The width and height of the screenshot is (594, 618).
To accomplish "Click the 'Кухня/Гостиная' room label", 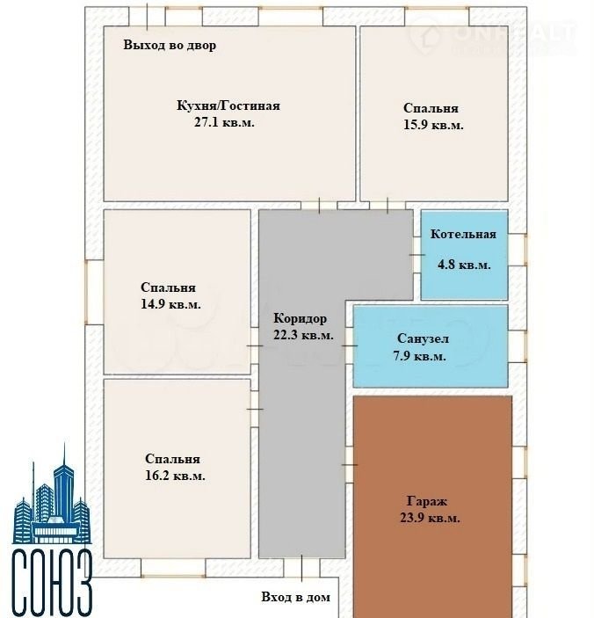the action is (228, 106).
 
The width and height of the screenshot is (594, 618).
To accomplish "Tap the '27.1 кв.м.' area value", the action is (224, 122).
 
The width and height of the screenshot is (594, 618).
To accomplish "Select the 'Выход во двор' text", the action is (170, 45).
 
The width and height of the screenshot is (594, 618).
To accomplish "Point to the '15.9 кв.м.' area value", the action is (433, 125).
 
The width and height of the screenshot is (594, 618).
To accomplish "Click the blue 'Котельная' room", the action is (465, 255).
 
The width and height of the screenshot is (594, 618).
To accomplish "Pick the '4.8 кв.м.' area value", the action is (464, 265).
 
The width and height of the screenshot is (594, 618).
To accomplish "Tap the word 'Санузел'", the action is (423, 338).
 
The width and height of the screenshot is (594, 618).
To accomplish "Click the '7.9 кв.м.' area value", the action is (419, 356).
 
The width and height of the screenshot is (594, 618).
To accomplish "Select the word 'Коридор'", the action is (301, 318).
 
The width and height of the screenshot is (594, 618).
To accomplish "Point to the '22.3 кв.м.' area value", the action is (303, 336).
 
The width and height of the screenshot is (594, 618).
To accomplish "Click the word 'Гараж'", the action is (427, 502).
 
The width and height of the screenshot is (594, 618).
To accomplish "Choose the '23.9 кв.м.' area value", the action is (430, 518).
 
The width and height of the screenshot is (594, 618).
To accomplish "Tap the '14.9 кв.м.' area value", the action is (171, 304).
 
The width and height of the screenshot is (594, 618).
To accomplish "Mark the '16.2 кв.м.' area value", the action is (175, 476).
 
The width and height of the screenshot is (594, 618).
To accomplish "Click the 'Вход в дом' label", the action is (296, 597).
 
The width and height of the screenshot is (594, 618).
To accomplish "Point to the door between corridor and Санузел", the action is (350, 345).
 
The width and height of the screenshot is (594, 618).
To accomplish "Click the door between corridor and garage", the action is (350, 465).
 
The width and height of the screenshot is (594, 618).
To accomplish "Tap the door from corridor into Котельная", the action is (417, 255).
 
